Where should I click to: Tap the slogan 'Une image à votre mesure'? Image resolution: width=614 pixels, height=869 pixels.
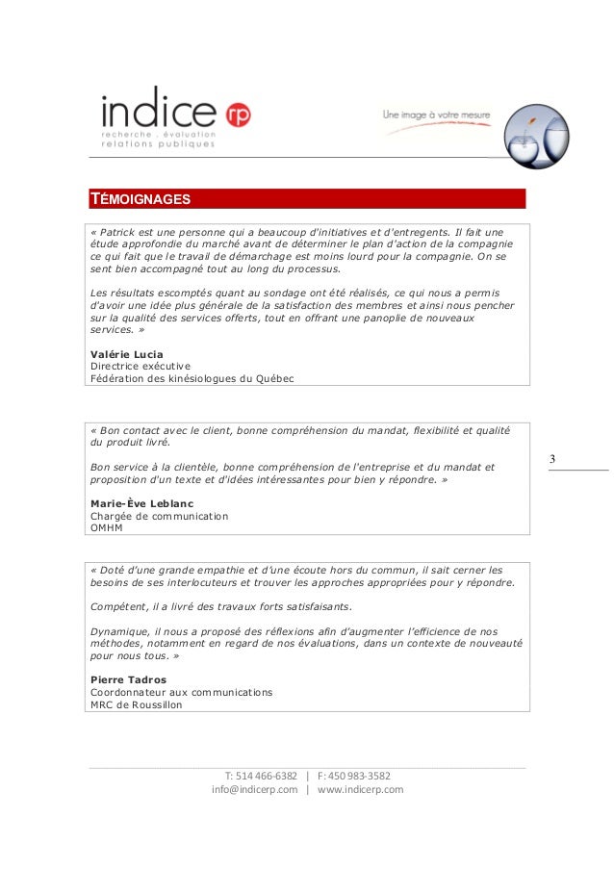(437, 115)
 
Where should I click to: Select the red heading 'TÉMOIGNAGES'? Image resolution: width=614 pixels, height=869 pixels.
(141, 200)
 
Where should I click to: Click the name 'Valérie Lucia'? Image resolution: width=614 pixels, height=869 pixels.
(125, 354)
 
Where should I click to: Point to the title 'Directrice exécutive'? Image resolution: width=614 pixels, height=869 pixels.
(140, 367)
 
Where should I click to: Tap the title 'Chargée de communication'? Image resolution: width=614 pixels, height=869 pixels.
(159, 516)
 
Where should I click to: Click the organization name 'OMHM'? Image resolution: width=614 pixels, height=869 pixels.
(108, 528)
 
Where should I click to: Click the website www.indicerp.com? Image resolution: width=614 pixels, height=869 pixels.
(360, 790)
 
